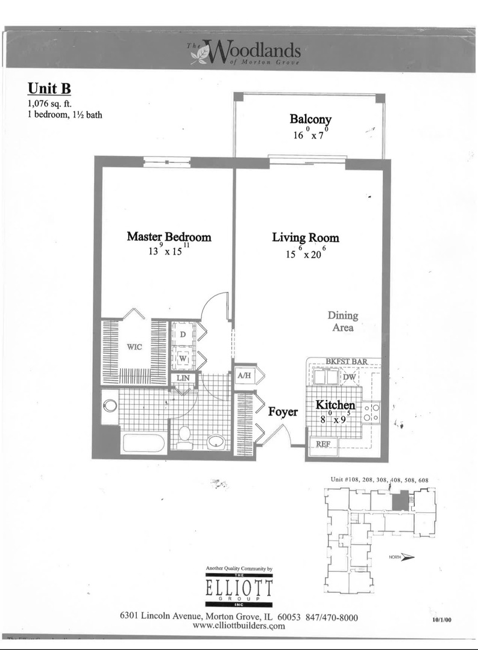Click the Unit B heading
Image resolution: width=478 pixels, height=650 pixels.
tap(49, 88)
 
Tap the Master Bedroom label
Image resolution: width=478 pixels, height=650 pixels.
tap(169, 237)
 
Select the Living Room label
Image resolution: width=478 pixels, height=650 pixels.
tap(305, 238)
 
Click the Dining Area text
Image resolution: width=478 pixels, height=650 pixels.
tap(342, 321)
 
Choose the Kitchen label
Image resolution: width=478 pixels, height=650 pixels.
tap(335, 406)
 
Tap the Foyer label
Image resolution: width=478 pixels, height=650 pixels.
tap(283, 412)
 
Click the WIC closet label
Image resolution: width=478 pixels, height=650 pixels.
tap(134, 347)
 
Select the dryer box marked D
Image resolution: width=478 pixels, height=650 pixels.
tap(183, 334)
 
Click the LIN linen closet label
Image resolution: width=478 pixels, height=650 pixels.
tap(183, 379)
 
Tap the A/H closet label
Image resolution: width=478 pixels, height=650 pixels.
tap(244, 376)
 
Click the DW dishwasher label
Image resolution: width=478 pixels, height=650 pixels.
tap(349, 377)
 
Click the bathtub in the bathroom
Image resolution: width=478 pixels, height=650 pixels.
tap(143, 443)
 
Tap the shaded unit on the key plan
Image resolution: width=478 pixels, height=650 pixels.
tap(398, 501)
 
